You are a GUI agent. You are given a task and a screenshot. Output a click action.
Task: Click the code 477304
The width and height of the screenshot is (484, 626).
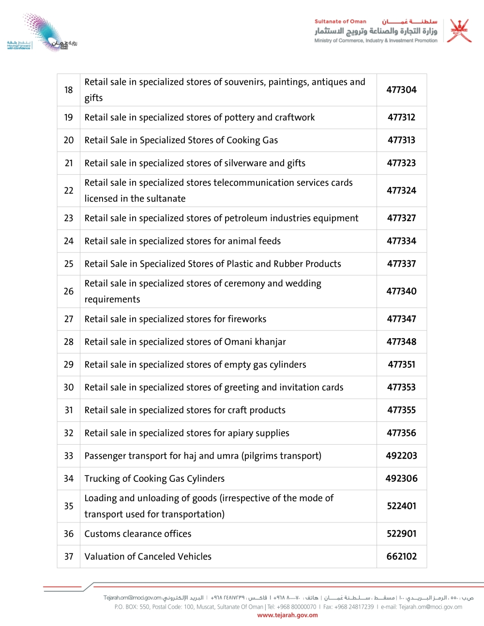(x=401, y=90)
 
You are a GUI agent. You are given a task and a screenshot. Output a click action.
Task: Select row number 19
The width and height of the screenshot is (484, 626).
(x=69, y=118)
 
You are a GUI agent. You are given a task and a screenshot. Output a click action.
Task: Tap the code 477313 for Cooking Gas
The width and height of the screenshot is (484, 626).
(x=401, y=140)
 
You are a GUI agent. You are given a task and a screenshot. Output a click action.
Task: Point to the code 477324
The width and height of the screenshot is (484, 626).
(x=401, y=191)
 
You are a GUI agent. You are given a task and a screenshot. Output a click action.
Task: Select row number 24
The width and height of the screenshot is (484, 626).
(x=69, y=241)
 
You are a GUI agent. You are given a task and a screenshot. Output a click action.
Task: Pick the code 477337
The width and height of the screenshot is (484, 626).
(x=401, y=264)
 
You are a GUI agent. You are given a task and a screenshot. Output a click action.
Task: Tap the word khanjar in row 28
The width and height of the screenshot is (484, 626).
(x=270, y=342)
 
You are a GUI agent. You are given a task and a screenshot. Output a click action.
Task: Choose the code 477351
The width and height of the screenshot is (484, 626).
(x=401, y=365)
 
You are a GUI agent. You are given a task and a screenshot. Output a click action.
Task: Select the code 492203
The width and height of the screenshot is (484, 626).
(x=401, y=456)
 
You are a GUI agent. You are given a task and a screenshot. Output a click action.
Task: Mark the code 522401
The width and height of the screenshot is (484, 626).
(x=401, y=506)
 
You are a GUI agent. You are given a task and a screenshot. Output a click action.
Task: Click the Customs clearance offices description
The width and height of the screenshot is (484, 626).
(x=138, y=534)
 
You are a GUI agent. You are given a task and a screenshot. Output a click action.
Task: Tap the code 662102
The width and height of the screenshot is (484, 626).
(x=401, y=557)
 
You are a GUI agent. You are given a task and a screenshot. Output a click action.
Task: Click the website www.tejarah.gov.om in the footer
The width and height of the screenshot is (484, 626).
(x=287, y=615)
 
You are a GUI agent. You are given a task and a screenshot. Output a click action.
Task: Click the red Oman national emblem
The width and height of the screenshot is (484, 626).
(x=458, y=31)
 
